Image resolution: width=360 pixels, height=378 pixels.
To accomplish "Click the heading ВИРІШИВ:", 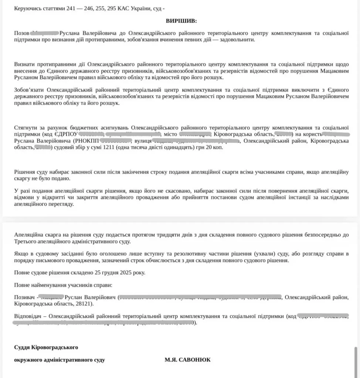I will (181, 21).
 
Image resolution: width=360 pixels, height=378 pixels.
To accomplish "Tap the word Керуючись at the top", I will (27, 9).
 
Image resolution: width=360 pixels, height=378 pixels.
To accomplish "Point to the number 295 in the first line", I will (112, 9).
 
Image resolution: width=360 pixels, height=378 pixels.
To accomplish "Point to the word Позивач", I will (24, 297).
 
